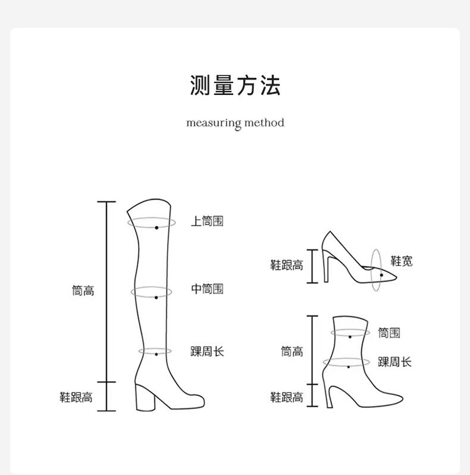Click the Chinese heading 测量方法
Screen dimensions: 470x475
click(235, 86)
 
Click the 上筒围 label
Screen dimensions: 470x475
click(207, 221)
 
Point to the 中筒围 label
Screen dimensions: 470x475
click(207, 289)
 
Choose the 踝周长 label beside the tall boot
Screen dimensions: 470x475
click(207, 351)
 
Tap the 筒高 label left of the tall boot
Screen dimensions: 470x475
click(83, 290)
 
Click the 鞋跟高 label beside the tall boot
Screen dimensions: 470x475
click(76, 397)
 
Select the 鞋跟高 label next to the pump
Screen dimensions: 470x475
click(287, 265)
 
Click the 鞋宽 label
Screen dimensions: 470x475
click(402, 261)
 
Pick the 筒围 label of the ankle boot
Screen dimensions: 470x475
click(389, 333)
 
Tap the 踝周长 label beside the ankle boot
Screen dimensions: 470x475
click(394, 362)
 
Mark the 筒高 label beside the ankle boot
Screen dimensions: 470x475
click(292, 351)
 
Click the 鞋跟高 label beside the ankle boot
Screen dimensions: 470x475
click(287, 397)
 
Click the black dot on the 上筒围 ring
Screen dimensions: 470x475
click(156, 227)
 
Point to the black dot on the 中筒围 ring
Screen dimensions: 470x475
click(156, 297)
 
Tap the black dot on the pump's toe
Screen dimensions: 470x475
click(381, 275)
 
